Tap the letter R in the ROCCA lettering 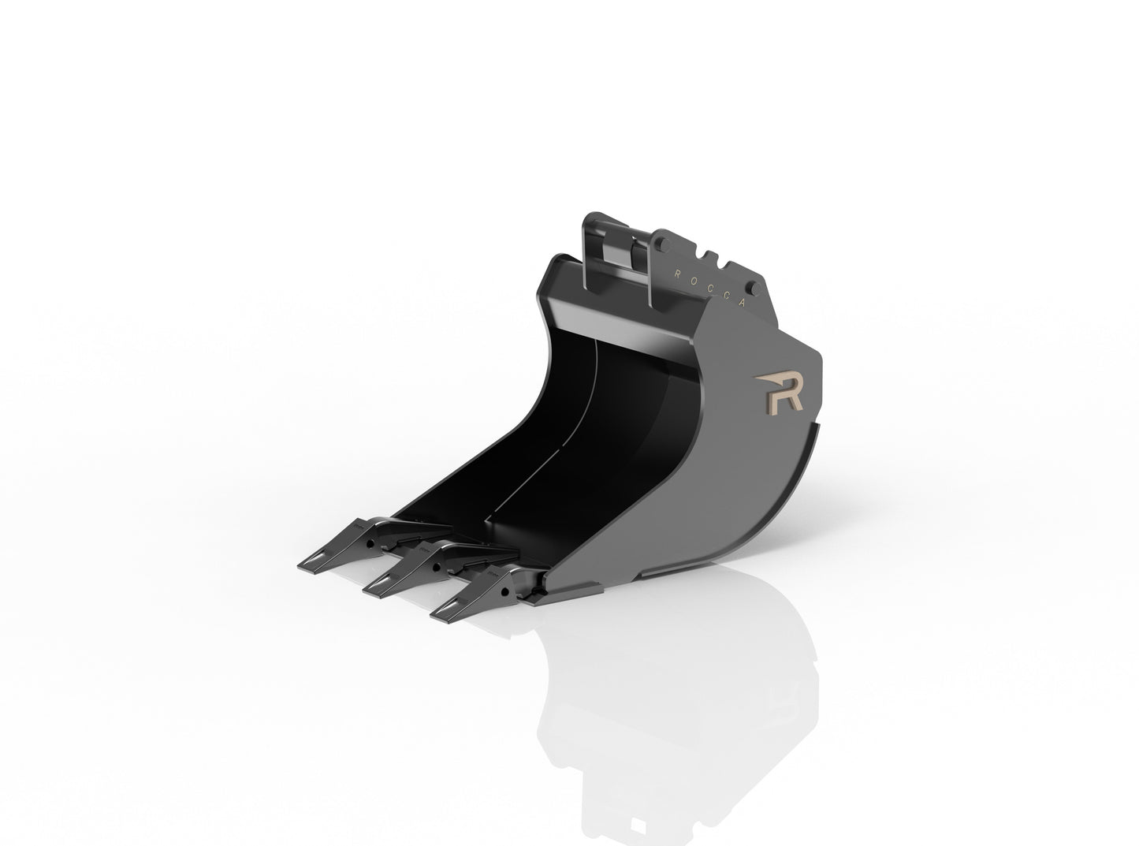click(676, 272)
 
